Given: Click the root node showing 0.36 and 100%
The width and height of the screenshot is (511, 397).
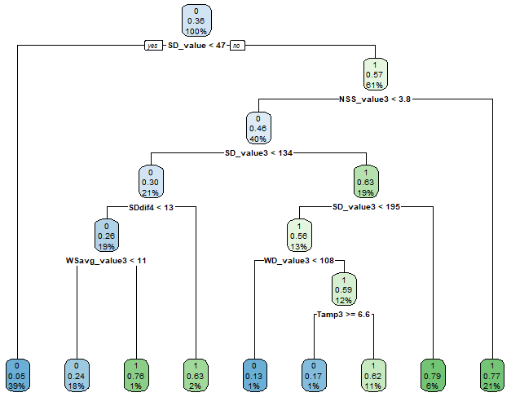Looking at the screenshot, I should pyautogui.click(x=196, y=20).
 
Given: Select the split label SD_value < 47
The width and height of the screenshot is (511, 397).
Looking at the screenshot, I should pyautogui.click(x=196, y=46).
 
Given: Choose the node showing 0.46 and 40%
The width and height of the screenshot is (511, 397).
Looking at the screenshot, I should pyautogui.click(x=258, y=127).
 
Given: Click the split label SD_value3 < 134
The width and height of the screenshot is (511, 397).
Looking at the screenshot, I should pyautogui.click(x=258, y=152).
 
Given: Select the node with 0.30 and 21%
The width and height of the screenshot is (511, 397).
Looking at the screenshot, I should pyautogui.click(x=151, y=180).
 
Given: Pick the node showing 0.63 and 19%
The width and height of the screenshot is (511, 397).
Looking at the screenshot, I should pyautogui.click(x=366, y=180).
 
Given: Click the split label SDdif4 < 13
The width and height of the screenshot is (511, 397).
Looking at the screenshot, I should pyautogui.click(x=151, y=206).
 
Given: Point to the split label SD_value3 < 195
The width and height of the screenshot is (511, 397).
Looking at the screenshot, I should pyautogui.click(x=366, y=206).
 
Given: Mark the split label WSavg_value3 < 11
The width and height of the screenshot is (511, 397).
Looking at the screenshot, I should pyautogui.click(x=106, y=260).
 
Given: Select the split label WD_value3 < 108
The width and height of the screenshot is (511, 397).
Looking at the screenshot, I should pyautogui.click(x=299, y=260).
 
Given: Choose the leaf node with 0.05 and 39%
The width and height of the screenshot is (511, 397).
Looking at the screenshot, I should pyautogui.click(x=16, y=373).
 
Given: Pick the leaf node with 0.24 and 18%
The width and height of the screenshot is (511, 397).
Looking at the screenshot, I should pyautogui.click(x=77, y=373).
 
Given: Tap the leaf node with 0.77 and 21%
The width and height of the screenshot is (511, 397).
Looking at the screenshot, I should pyautogui.click(x=492, y=373).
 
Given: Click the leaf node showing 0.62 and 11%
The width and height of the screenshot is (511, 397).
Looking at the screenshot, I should pyautogui.click(x=373, y=373).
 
